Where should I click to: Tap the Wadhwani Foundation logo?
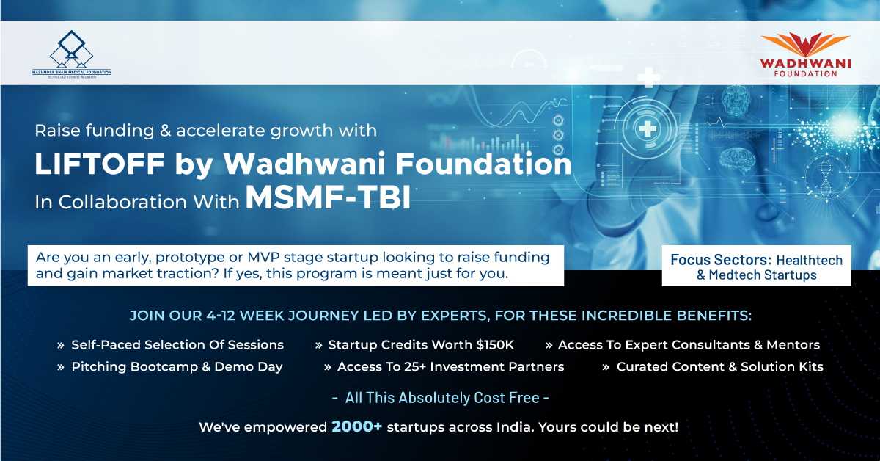[805, 54]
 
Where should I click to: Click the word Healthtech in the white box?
[810, 260]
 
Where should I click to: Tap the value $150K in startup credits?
[494, 344]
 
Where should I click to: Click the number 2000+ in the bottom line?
[356, 426]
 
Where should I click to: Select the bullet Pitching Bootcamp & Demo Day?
[177, 366]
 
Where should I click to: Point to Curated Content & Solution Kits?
[719, 366]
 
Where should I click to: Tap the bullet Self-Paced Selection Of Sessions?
[177, 344]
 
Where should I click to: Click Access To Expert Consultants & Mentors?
[689, 344]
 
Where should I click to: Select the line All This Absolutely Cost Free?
[440, 398]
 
